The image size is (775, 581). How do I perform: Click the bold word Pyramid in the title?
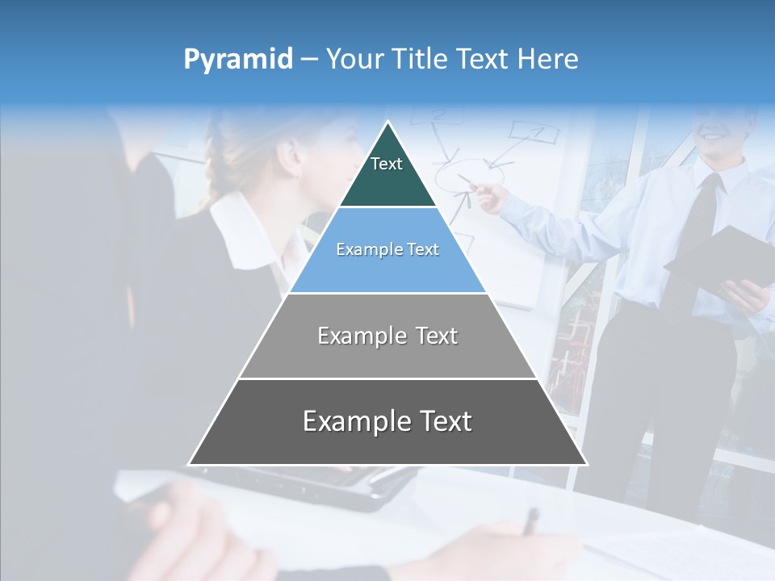click(238, 60)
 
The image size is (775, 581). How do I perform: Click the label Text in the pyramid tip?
click(387, 164)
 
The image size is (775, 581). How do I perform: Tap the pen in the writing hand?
click(530, 520)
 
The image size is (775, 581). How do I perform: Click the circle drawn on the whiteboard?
click(473, 173)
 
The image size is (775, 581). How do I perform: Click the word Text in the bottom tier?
click(444, 421)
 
